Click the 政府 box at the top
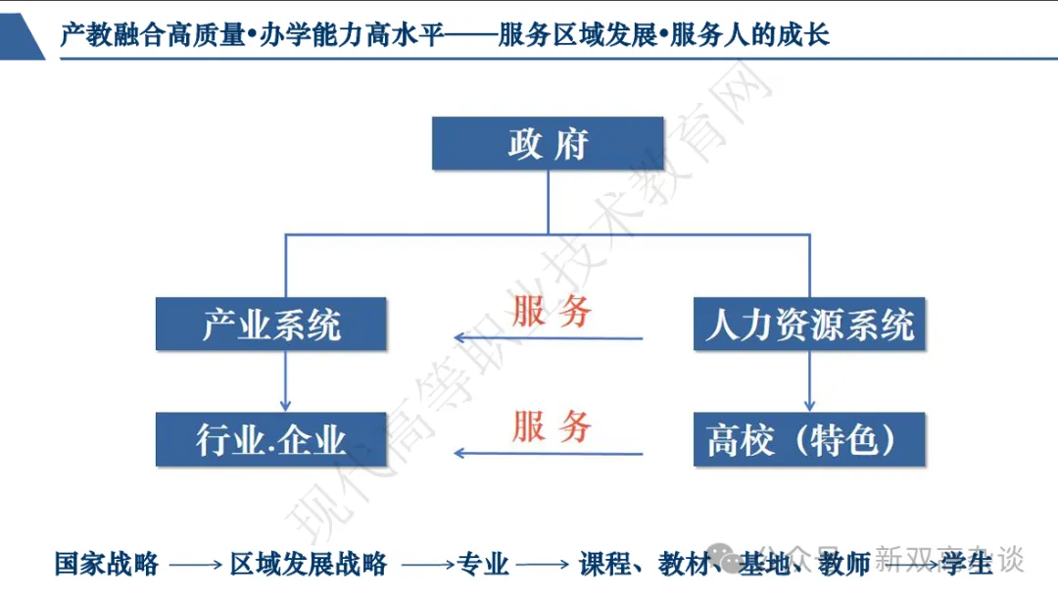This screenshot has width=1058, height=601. (x=548, y=143)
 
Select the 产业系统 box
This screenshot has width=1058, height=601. (x=271, y=323)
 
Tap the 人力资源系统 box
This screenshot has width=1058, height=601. (x=809, y=323)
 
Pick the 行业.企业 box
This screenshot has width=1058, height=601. (x=271, y=438)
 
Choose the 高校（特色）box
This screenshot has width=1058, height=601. (x=809, y=438)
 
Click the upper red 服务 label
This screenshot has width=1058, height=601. (x=552, y=312)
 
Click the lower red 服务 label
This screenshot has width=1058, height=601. (x=552, y=427)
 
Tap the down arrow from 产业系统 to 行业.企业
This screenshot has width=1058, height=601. (x=285, y=380)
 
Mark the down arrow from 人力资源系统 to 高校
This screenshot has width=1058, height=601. (x=809, y=380)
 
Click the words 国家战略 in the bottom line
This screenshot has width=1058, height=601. (x=107, y=564)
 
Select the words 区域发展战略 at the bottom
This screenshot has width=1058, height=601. (x=309, y=564)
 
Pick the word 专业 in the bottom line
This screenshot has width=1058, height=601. (x=483, y=564)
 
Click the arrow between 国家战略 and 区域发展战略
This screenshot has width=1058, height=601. (x=195, y=565)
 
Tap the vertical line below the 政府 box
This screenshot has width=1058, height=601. (x=548, y=201)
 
